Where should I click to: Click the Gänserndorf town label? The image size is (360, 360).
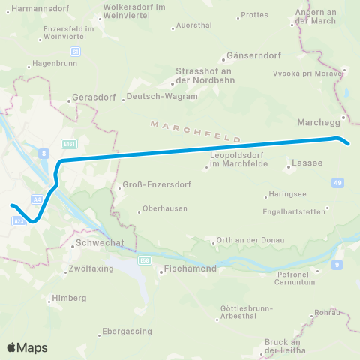point(249,56)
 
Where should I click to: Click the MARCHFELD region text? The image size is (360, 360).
point(195,130)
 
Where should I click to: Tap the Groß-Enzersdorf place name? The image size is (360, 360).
point(149,186)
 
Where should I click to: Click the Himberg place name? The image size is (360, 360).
point(71,298)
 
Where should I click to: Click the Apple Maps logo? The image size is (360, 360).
point(27,347)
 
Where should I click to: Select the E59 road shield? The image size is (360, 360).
point(145,259)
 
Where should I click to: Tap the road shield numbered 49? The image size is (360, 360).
point(339,182)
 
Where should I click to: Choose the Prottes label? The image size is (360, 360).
point(254,15)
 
